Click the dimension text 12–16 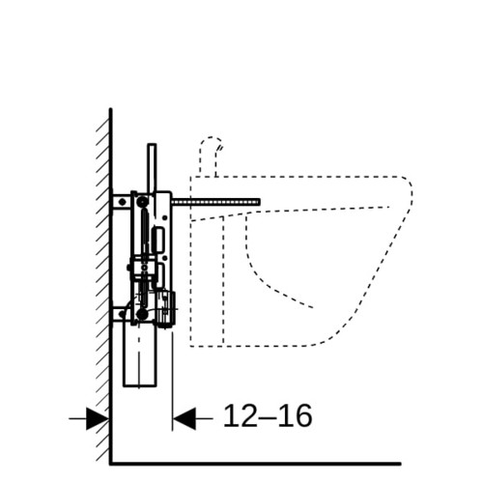(268, 415)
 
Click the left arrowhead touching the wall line (98, 418)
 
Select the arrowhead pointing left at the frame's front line (185, 418)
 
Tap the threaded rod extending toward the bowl (215, 202)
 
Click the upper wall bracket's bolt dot (122, 202)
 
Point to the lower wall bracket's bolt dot (122, 314)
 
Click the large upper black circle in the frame (142, 202)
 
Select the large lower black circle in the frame (142, 314)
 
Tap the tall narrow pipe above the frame (152, 168)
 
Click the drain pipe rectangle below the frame (140, 354)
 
